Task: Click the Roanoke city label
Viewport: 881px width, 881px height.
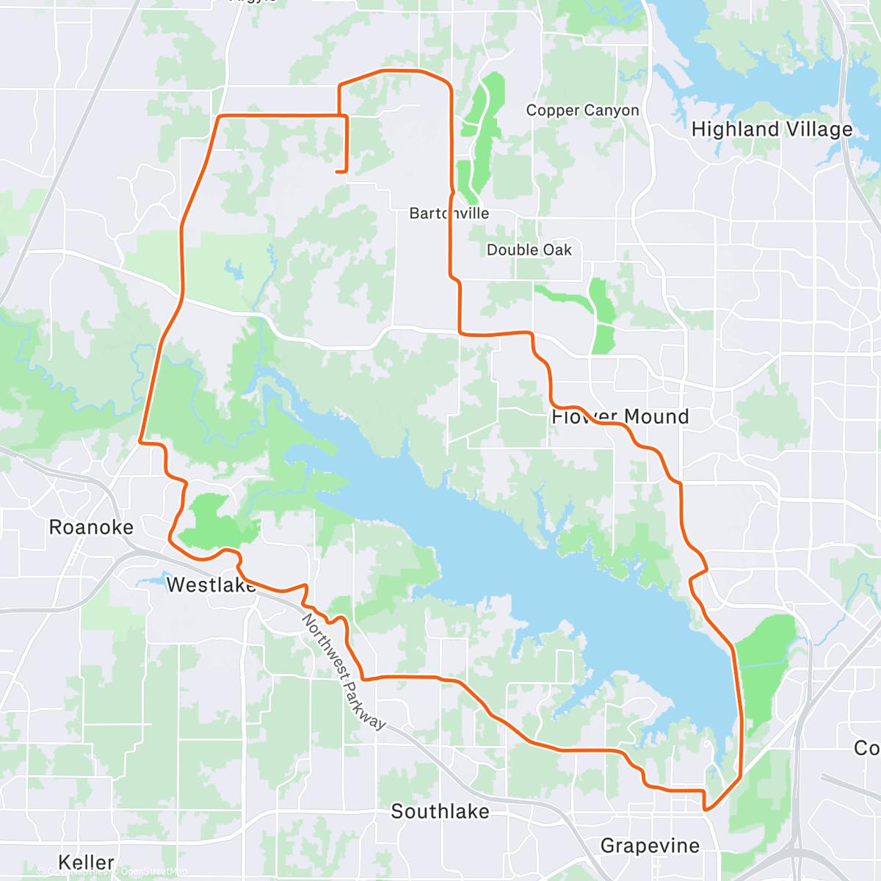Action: [91, 527]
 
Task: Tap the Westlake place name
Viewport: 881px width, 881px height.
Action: [211, 584]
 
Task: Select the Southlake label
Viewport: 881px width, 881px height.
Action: [440, 811]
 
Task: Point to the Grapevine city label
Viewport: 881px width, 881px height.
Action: [650, 846]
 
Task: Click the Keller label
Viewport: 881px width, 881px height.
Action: [87, 862]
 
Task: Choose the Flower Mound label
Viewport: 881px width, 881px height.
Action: [620, 417]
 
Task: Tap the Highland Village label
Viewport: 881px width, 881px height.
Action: [772, 130]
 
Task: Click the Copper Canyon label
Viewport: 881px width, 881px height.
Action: [582, 110]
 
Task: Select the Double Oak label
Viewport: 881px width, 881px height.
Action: [529, 250]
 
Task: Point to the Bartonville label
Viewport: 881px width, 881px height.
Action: [449, 213]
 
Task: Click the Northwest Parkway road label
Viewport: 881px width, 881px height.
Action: [343, 672]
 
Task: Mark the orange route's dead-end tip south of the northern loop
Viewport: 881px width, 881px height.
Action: [337, 172]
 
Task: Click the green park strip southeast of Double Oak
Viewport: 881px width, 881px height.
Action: [602, 316]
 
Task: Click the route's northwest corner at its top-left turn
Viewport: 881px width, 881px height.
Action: [220, 116]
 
